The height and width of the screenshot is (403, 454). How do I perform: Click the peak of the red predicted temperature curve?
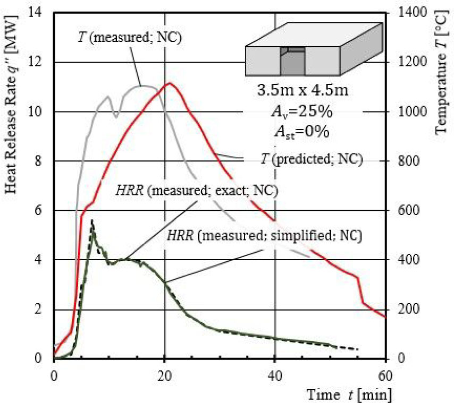tap(169, 83)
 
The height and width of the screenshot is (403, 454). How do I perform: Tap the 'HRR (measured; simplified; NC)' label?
tap(264, 235)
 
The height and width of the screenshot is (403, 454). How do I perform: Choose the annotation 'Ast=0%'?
tap(301, 132)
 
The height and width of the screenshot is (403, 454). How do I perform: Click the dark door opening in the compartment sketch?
tap(292, 64)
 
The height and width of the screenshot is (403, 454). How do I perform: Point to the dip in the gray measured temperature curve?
tap(116, 113)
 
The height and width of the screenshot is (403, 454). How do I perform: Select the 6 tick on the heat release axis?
tap(45, 211)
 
